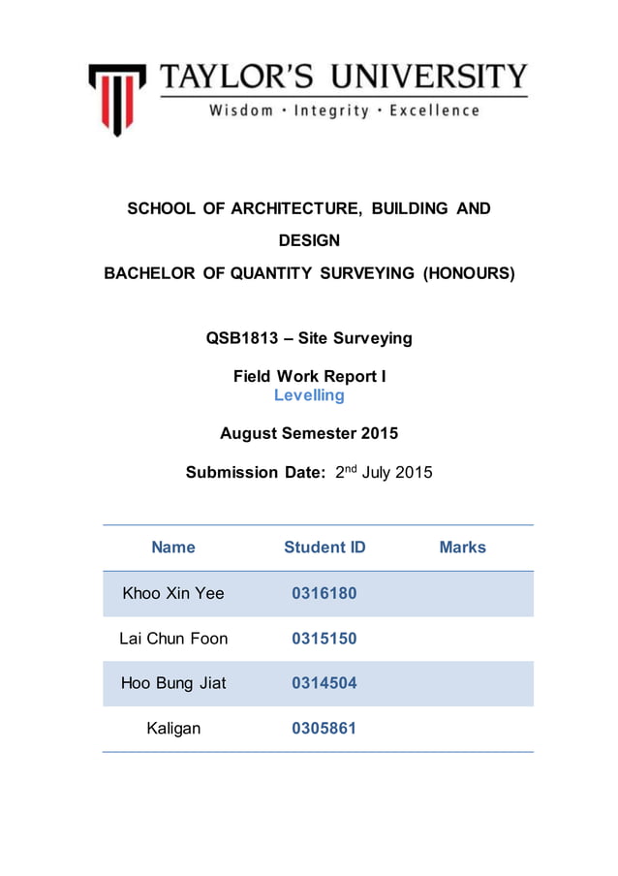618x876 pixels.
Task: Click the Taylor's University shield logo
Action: (x=117, y=97)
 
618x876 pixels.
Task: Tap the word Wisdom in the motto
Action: (x=241, y=110)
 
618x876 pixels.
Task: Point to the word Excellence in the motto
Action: (x=434, y=110)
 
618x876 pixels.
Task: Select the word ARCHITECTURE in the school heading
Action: (x=277, y=208)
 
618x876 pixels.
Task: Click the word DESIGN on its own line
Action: (x=309, y=240)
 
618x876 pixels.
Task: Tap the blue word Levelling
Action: (x=309, y=395)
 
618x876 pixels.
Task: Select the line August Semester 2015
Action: (x=309, y=433)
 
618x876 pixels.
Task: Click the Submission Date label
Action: (x=247, y=473)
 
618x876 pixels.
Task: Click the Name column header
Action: (x=173, y=547)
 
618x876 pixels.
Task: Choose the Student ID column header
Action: (x=324, y=547)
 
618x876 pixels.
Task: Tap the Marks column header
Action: (x=462, y=547)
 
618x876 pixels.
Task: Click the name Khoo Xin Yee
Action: (x=173, y=593)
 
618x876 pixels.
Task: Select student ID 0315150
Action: (x=324, y=638)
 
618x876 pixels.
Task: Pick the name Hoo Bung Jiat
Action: (x=173, y=683)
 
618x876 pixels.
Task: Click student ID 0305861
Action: (x=324, y=728)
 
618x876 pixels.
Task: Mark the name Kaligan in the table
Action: (x=173, y=728)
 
